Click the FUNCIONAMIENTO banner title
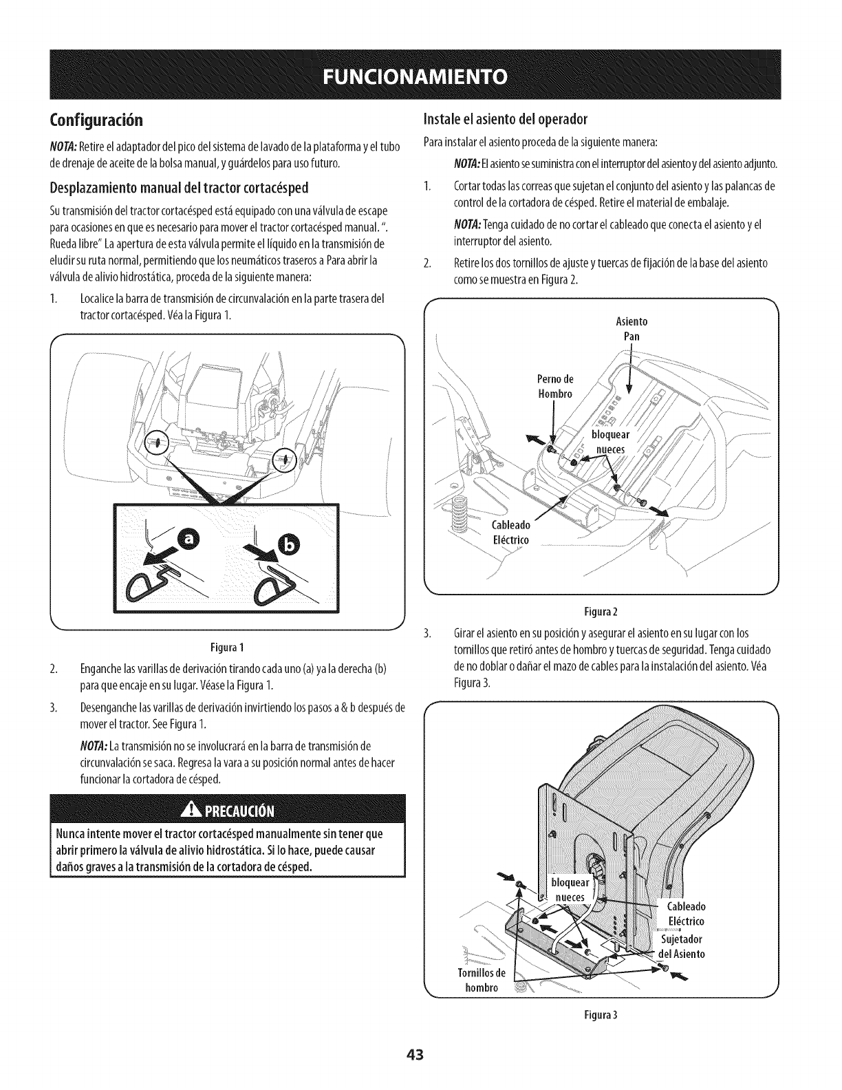point(420,74)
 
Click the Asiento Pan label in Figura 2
point(631,330)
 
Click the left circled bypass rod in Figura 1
point(158,442)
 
